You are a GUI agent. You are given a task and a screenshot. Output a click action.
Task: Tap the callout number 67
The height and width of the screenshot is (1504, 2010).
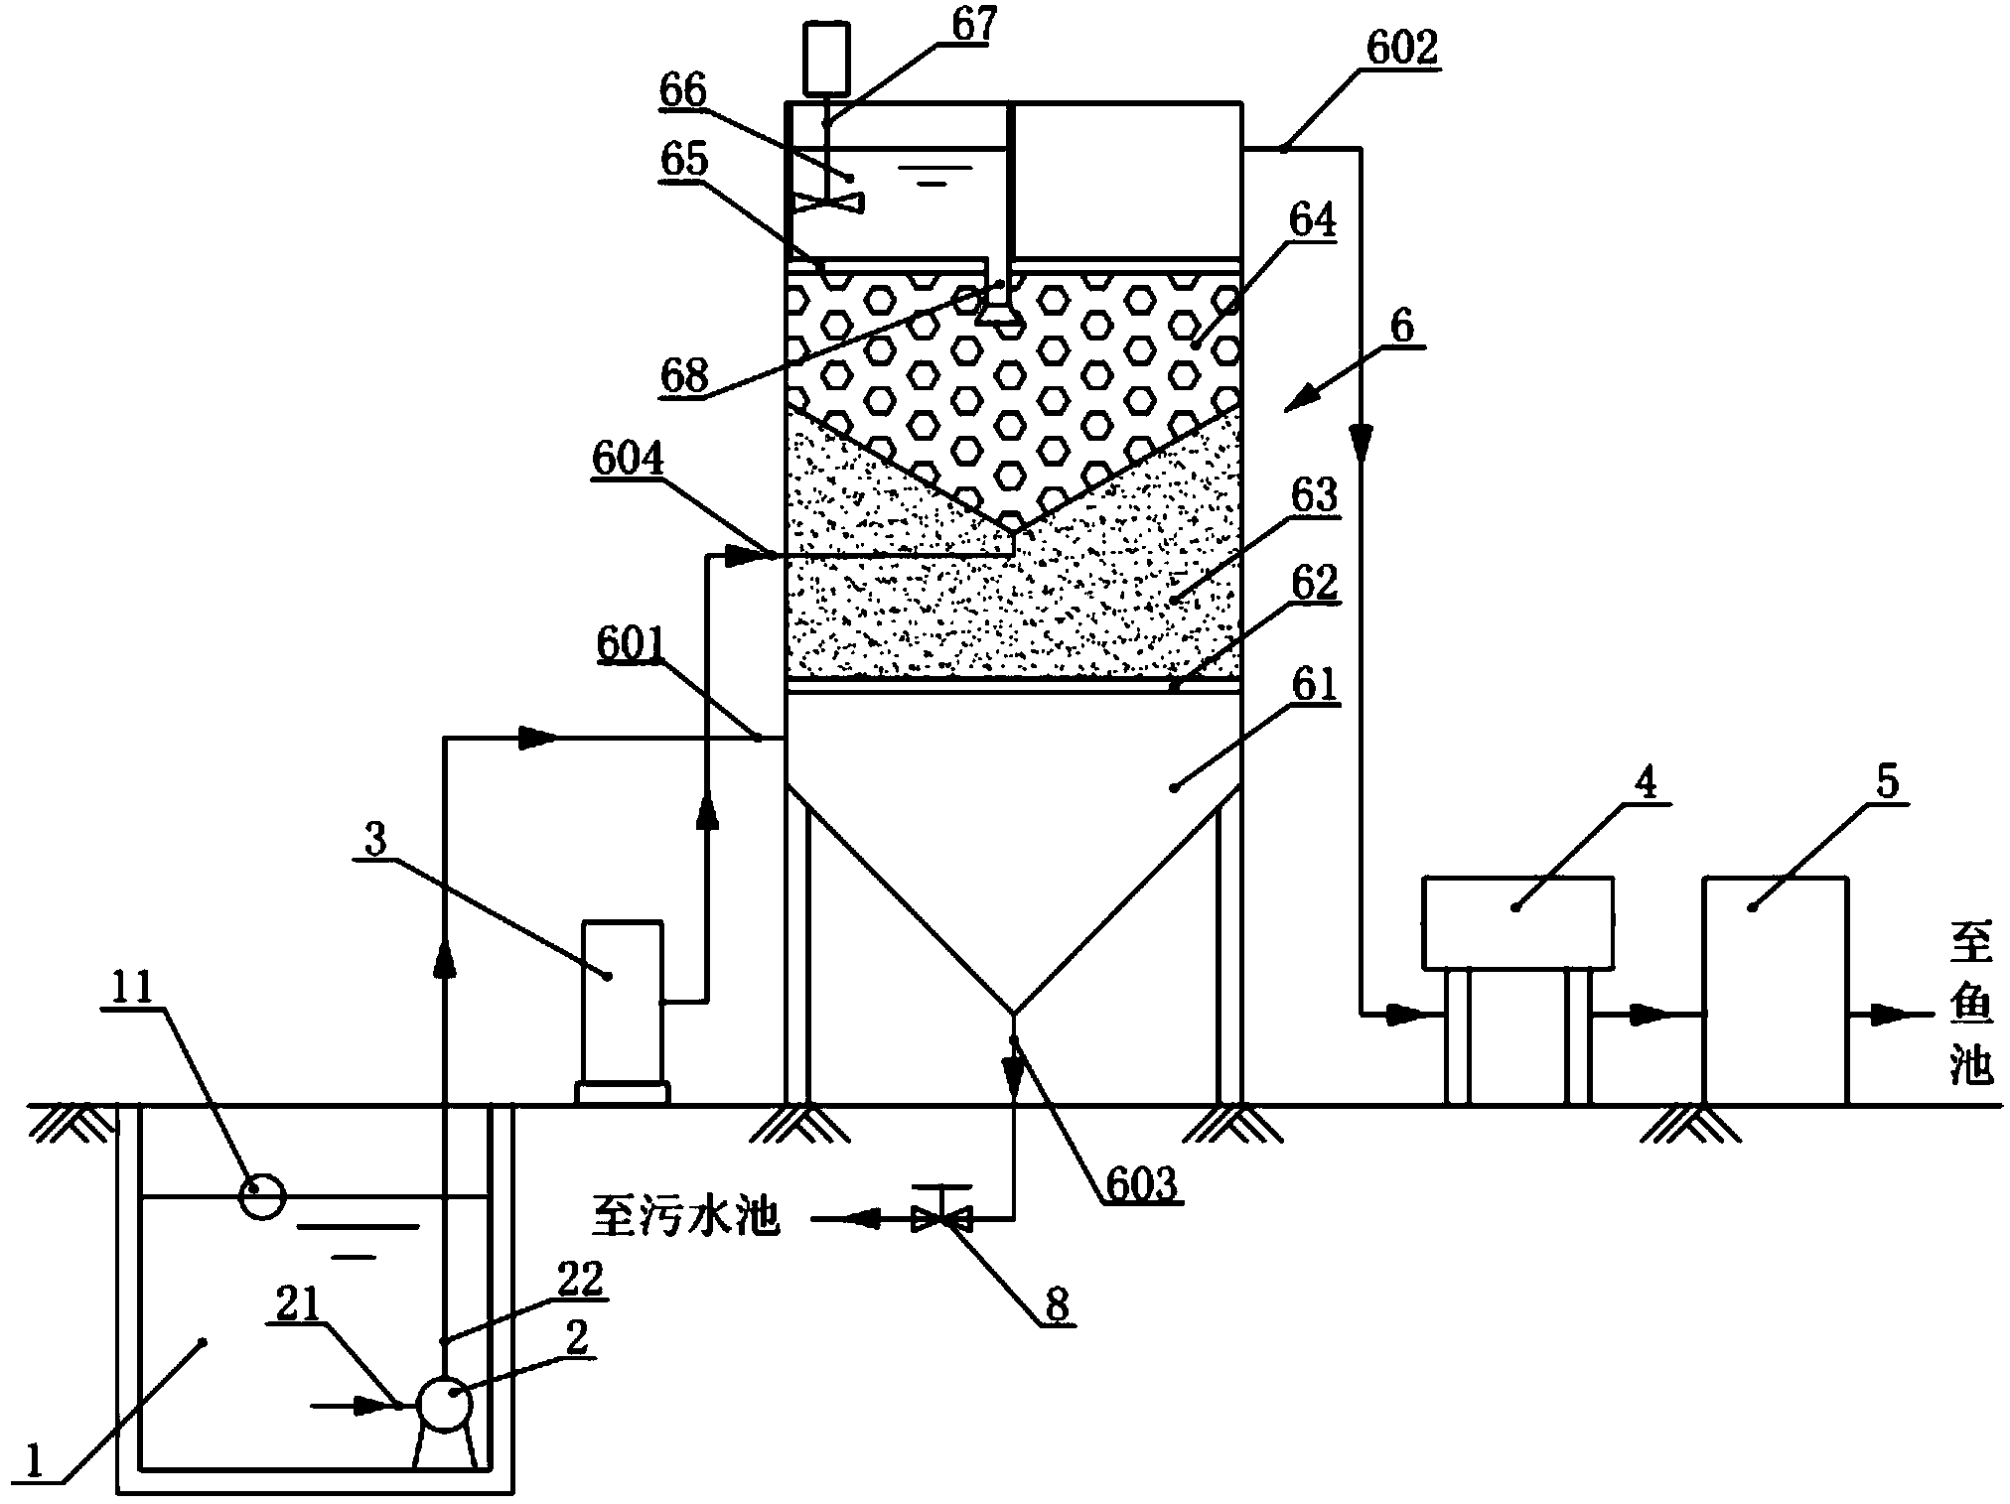click(x=974, y=24)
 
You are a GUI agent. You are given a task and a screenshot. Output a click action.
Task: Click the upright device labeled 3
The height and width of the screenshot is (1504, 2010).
click(x=622, y=1003)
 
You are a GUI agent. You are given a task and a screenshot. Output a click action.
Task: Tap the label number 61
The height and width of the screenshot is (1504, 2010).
click(x=1315, y=684)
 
